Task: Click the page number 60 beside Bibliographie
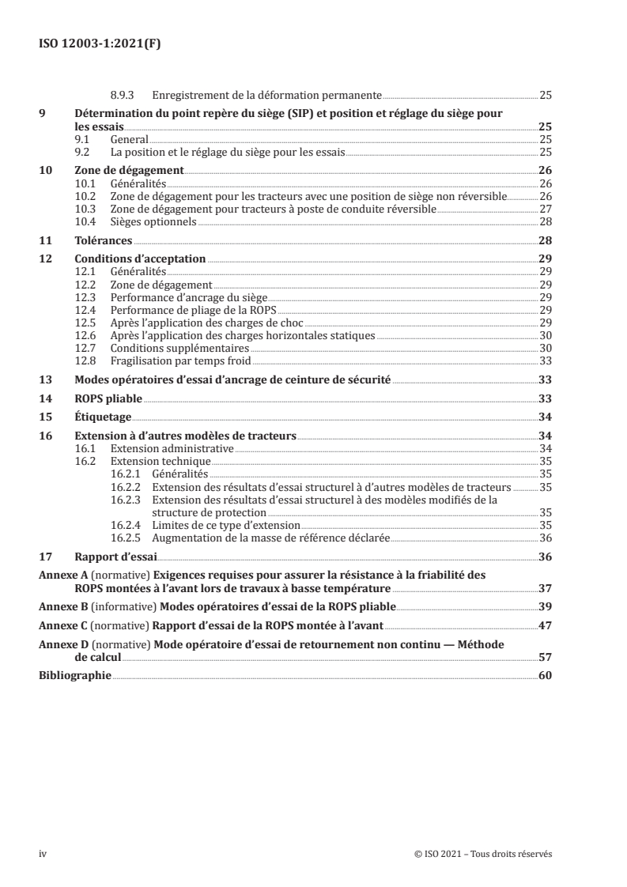(x=545, y=676)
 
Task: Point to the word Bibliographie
(x=75, y=676)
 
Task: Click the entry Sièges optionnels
(x=152, y=222)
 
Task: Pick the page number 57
(x=545, y=657)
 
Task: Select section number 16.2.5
(x=127, y=538)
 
